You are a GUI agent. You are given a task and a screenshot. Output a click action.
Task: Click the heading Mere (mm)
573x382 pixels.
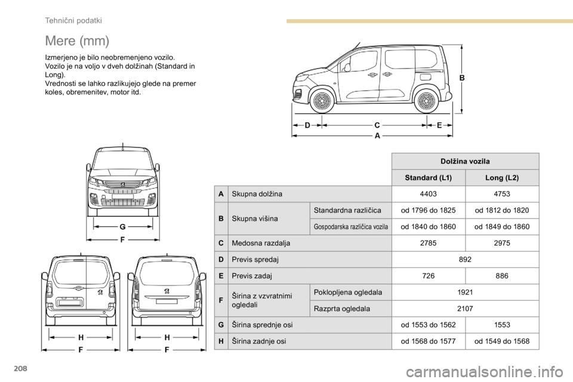pos(77,41)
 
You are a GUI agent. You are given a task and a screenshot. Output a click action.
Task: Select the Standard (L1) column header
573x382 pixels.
pos(428,178)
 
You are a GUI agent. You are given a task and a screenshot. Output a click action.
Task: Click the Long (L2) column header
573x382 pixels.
pos(502,178)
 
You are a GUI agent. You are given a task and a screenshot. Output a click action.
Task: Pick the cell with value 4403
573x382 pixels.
pos(428,194)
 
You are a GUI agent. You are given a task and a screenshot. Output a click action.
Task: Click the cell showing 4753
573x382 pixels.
pos(502,194)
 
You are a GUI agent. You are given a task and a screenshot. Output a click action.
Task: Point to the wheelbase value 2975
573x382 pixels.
pos(502,243)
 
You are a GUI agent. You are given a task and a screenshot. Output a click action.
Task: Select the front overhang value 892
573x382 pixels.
pos(465,260)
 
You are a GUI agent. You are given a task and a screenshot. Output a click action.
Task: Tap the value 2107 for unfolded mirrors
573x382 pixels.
pos(465,309)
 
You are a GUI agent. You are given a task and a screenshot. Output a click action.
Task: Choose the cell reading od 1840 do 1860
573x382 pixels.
pos(428,227)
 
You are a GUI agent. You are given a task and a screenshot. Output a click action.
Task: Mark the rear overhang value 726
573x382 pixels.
pos(428,276)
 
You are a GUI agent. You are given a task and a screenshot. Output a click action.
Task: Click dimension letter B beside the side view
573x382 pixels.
pos(461,78)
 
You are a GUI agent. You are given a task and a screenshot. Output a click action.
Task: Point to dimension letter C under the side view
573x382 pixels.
pos(377,125)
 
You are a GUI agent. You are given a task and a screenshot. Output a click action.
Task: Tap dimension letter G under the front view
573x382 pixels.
pos(122,227)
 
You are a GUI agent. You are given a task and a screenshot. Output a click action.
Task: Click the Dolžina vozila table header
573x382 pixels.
pos(465,162)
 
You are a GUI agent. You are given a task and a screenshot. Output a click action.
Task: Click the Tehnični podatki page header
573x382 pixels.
pos(73,20)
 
